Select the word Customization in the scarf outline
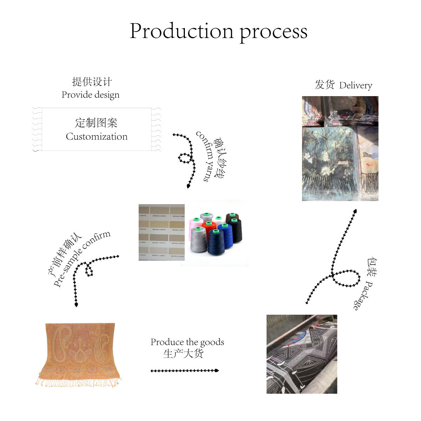(96, 136)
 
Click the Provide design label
(91, 95)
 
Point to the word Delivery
(355, 85)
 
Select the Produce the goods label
(187, 342)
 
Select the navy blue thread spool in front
(215, 242)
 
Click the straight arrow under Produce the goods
(185, 370)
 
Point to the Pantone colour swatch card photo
(161, 232)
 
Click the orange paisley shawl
(80, 353)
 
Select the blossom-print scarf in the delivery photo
(328, 158)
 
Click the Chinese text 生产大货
(183, 353)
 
